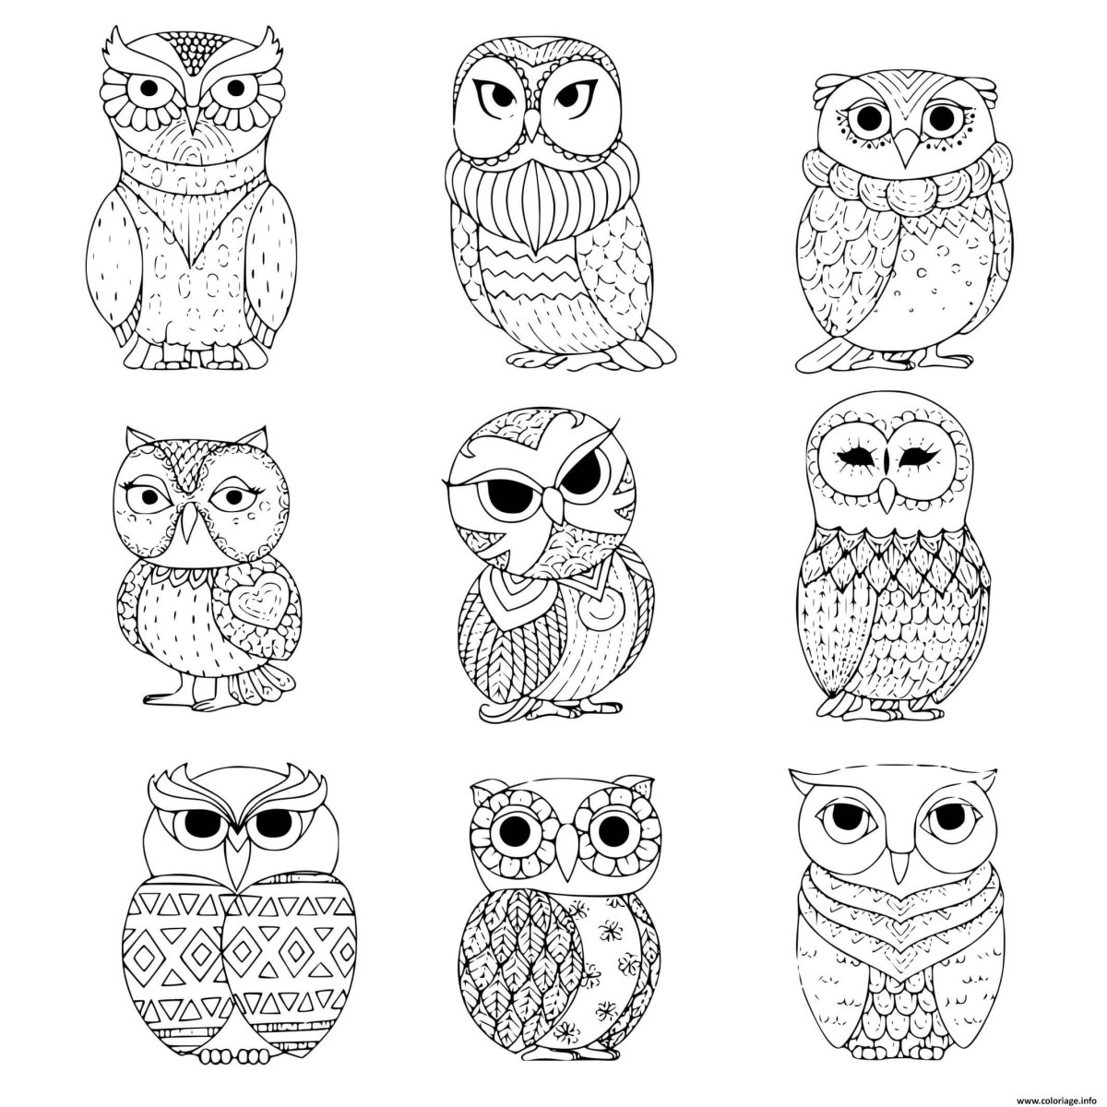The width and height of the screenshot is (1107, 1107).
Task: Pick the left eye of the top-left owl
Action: point(149,88)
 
